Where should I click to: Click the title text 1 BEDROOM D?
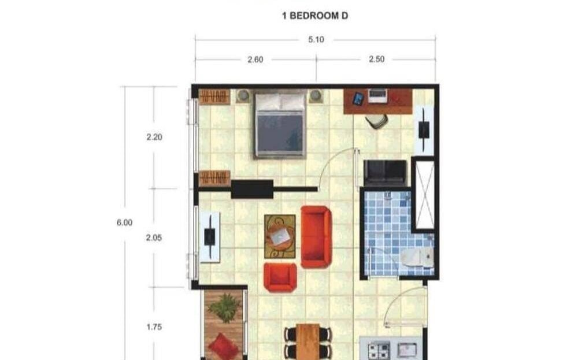[x=315, y=16]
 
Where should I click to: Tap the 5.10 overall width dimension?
[x=316, y=39]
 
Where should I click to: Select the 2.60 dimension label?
[x=255, y=60]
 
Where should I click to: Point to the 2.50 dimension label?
[x=377, y=59]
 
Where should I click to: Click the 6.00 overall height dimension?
[x=125, y=222]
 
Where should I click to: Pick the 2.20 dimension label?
[x=154, y=137]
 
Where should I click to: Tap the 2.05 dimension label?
[x=154, y=237]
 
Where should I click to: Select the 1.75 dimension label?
[x=154, y=327]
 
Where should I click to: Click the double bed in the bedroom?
[x=280, y=125]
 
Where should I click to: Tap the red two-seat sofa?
[x=316, y=236]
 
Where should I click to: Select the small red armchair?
[x=280, y=277]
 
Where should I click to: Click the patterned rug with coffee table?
[x=280, y=236]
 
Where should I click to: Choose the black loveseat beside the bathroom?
[x=385, y=173]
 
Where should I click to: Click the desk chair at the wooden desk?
[x=376, y=121]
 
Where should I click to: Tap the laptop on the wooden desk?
[x=377, y=96]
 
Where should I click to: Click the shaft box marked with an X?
[x=425, y=194]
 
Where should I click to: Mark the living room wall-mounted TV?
[x=210, y=237]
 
